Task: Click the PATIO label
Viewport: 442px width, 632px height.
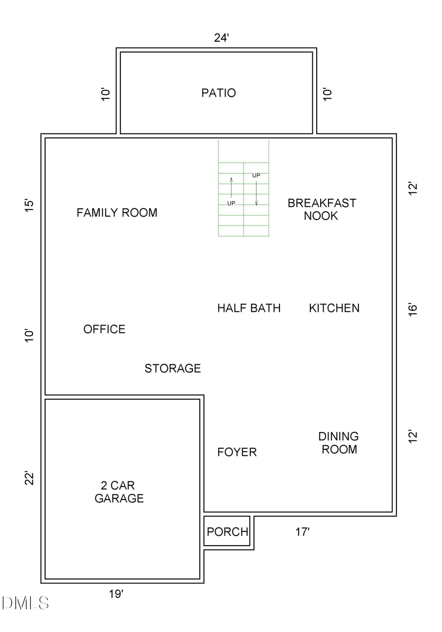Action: (x=219, y=93)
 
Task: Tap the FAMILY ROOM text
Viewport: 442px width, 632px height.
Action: (x=117, y=213)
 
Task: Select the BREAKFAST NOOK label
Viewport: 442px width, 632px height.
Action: (x=322, y=209)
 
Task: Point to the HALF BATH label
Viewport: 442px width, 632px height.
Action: (x=249, y=308)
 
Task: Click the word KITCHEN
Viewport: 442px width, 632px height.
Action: (x=334, y=308)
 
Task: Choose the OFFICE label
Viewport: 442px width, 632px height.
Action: (x=104, y=329)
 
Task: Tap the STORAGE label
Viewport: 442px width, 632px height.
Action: (x=172, y=368)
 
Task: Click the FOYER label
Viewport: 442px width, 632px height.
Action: (x=237, y=452)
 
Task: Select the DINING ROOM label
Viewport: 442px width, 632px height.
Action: (x=339, y=442)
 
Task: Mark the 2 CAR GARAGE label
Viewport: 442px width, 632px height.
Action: (x=119, y=492)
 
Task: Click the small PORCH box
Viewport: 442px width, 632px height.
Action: (x=227, y=532)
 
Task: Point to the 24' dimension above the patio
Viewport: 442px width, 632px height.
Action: (x=221, y=38)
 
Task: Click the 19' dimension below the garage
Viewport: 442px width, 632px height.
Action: (x=116, y=594)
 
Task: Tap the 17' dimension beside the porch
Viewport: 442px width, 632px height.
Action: (x=303, y=532)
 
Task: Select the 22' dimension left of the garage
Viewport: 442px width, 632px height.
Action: (x=30, y=478)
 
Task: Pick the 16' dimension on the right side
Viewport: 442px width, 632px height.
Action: (x=413, y=309)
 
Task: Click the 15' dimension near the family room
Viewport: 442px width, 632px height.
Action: (x=30, y=206)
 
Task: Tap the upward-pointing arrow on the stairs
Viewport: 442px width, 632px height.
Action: (x=231, y=187)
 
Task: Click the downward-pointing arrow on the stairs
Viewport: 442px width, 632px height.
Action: (x=256, y=193)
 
